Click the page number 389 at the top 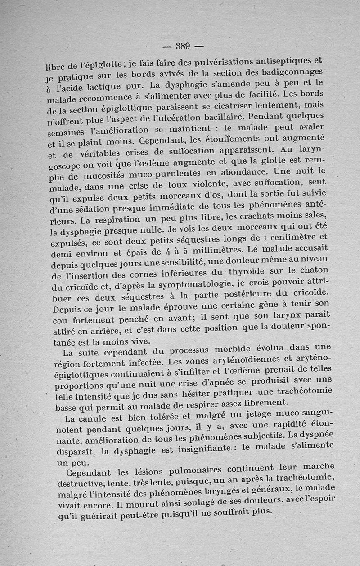[183, 45]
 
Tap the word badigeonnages [294, 72]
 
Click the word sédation [96, 208]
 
